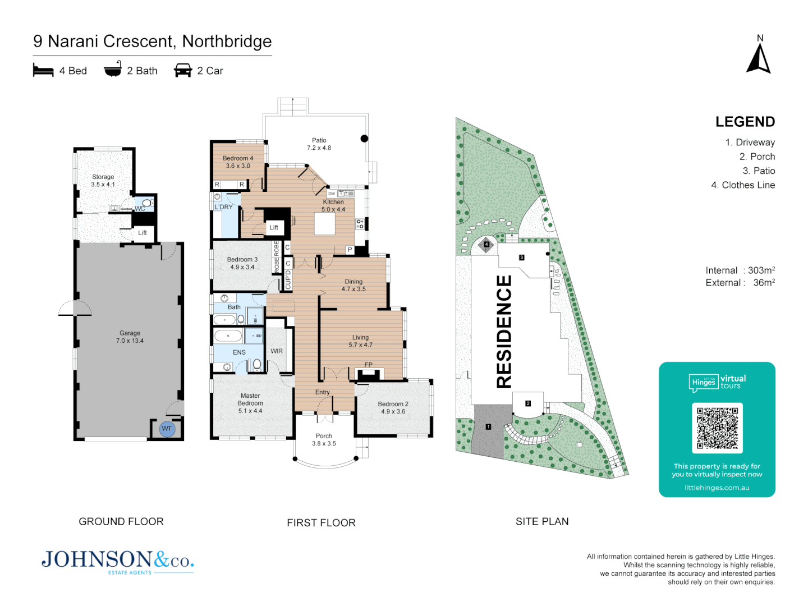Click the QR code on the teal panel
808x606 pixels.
pyautogui.click(x=717, y=428)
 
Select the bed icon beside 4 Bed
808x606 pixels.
pyautogui.click(x=43, y=70)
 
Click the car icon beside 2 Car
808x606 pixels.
pyautogui.click(x=183, y=70)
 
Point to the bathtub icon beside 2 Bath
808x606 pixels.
pyautogui.click(x=113, y=69)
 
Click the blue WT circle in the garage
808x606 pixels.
pyautogui.click(x=167, y=429)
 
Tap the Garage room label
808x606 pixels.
pyautogui.click(x=130, y=337)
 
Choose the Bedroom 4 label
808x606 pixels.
pyautogui.click(x=238, y=162)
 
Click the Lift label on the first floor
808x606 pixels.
pyautogui.click(x=274, y=227)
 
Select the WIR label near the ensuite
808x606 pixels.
pyautogui.click(x=277, y=351)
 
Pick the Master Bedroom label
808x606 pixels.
pyautogui.click(x=250, y=403)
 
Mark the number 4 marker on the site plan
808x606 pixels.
pyautogui.click(x=486, y=245)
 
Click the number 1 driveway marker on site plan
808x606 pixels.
pyautogui.click(x=488, y=426)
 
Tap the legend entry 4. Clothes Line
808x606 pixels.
pyautogui.click(x=743, y=185)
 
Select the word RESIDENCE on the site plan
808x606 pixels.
pyautogui.click(x=504, y=331)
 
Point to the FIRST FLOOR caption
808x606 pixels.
pyautogui.click(x=321, y=523)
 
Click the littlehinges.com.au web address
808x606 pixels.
pyautogui.click(x=717, y=488)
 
